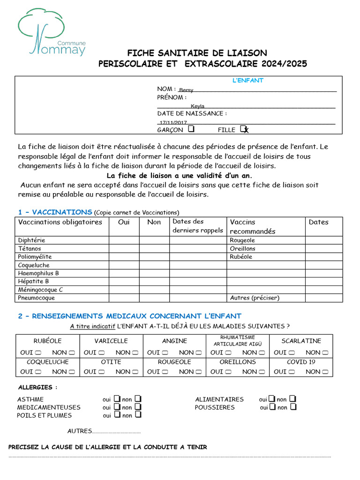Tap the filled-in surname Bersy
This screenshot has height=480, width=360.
(x=186, y=90)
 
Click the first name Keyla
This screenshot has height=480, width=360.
(x=197, y=106)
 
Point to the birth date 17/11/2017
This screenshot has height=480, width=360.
(x=173, y=122)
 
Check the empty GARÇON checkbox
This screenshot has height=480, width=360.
(x=191, y=128)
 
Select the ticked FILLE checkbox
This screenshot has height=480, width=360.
(x=243, y=128)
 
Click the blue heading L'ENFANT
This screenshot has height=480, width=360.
(x=248, y=80)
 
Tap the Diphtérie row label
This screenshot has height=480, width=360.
(x=32, y=240)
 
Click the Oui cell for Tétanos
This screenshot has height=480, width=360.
(x=124, y=249)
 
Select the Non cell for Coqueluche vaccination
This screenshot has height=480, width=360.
(x=154, y=265)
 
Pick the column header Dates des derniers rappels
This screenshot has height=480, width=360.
(x=197, y=226)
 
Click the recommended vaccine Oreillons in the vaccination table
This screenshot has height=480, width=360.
(x=242, y=249)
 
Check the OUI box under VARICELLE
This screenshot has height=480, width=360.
(x=102, y=352)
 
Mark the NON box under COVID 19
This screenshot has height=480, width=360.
(x=324, y=372)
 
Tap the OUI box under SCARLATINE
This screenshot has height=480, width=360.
(x=292, y=352)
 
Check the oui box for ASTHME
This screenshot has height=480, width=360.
(x=117, y=399)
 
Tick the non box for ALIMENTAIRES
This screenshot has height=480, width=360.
(x=292, y=399)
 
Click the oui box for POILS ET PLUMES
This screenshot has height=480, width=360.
(x=117, y=415)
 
